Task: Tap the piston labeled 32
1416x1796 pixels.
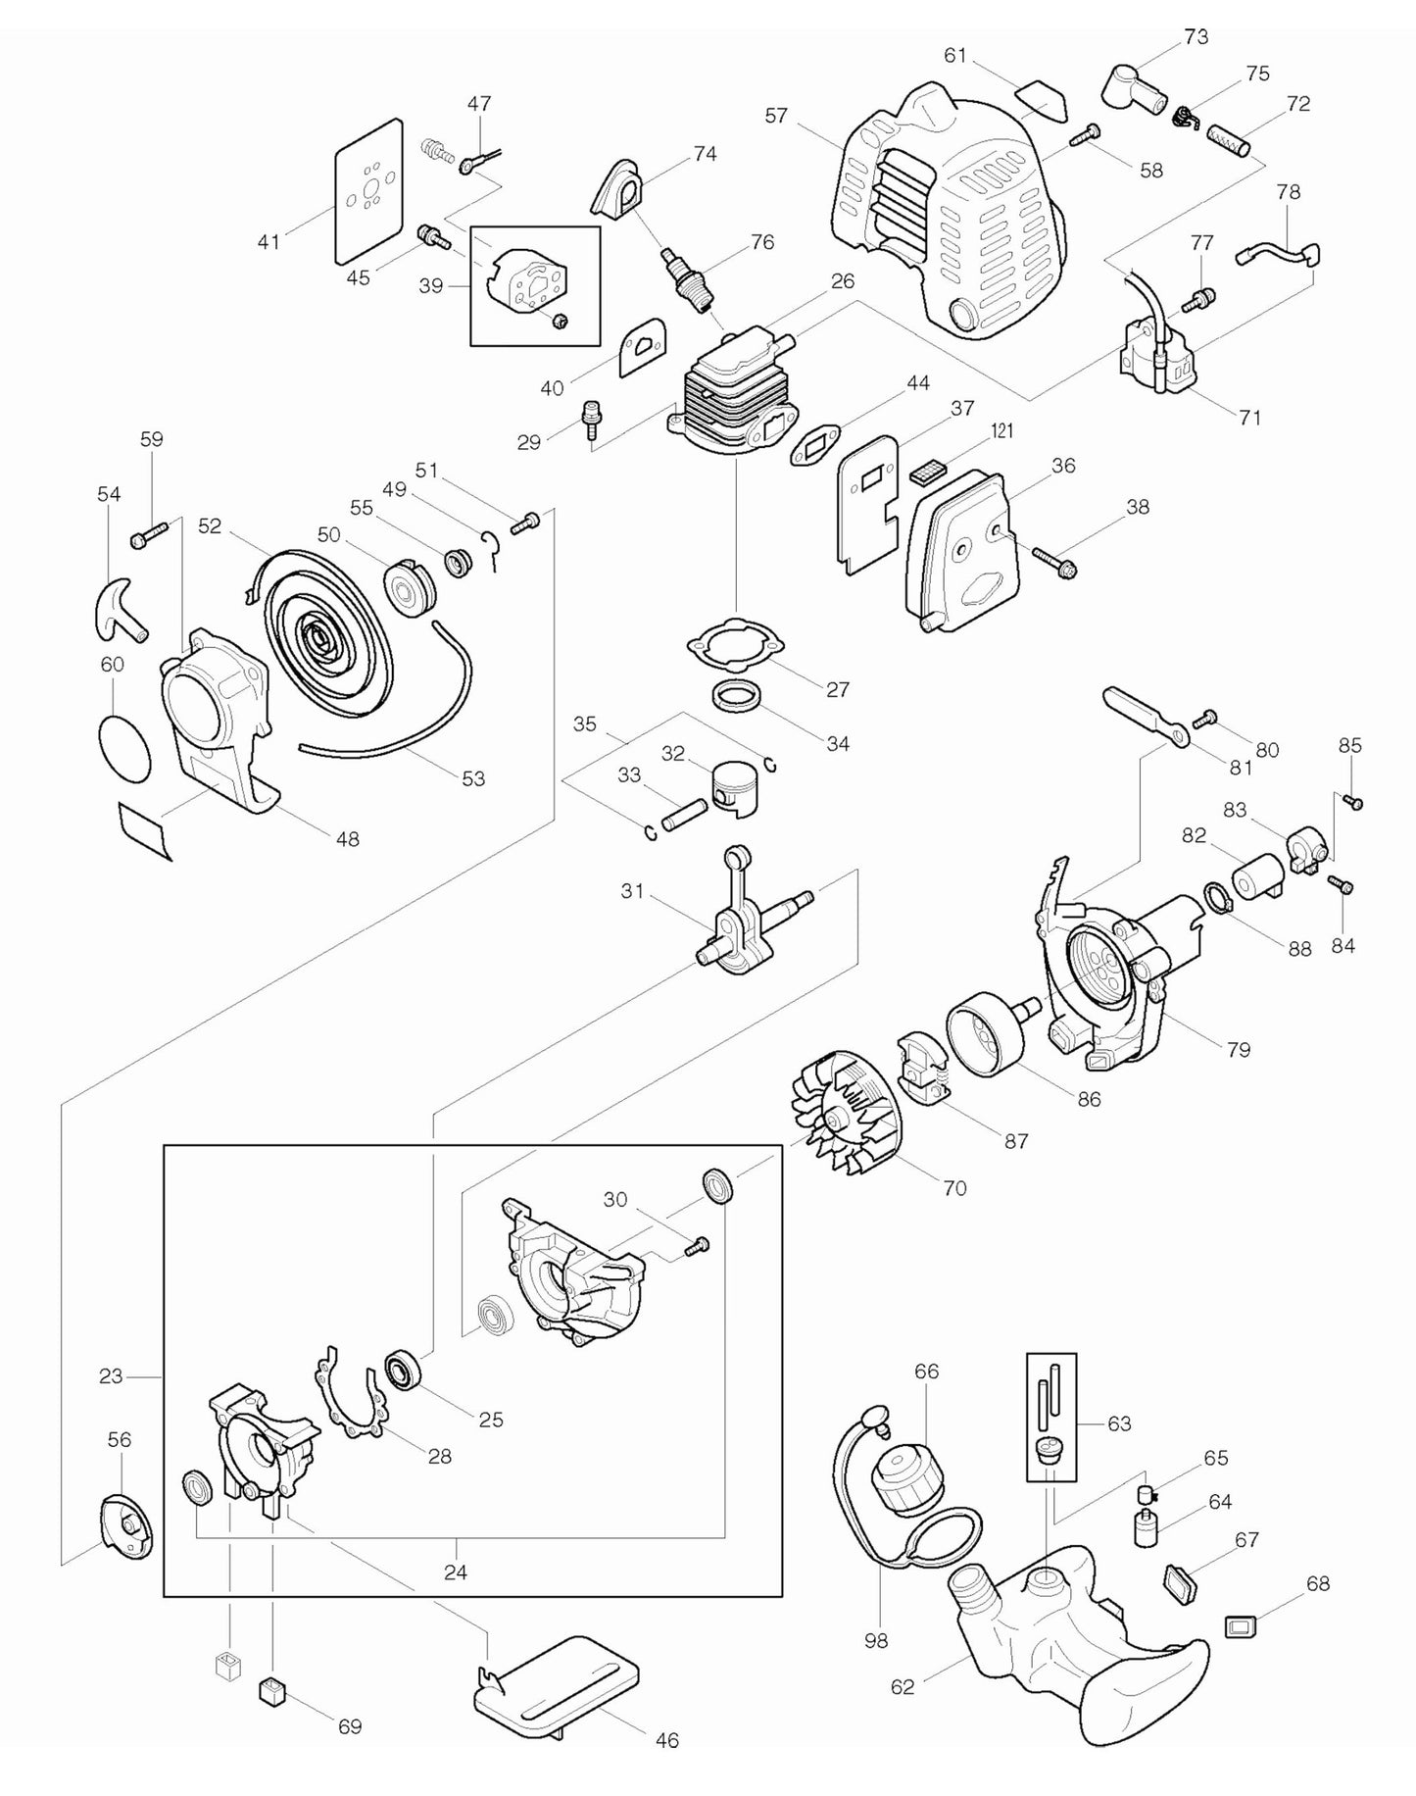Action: pos(735,785)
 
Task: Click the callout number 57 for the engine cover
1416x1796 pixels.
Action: pos(776,116)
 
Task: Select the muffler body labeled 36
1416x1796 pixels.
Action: pos(958,554)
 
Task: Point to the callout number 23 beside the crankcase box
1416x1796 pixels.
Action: pos(111,1376)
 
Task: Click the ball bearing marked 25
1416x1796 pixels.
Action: pos(402,1370)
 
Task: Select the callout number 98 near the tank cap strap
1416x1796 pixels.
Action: pos(876,1639)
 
